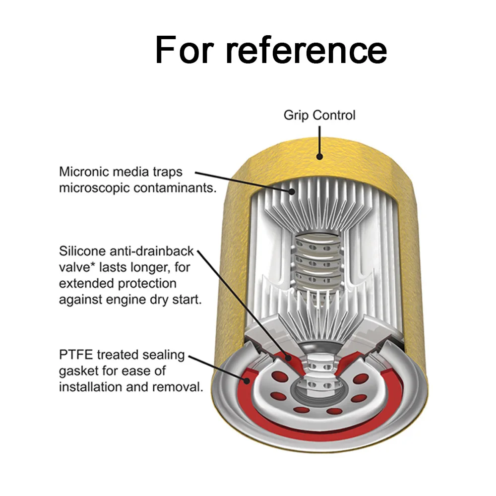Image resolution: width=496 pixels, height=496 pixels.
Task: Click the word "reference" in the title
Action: click(306, 50)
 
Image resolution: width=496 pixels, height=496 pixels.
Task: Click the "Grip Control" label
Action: click(319, 116)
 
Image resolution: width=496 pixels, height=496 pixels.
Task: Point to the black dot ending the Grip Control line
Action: click(320, 157)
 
